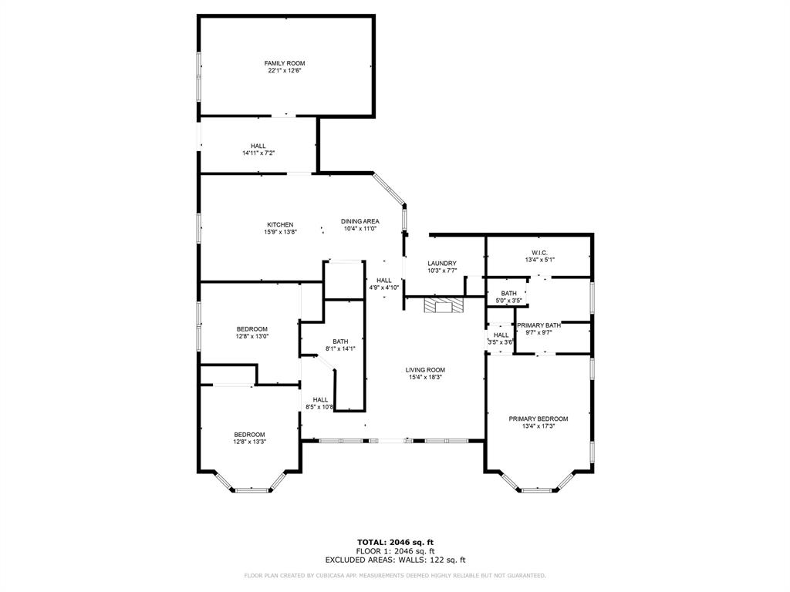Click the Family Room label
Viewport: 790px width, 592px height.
(279, 63)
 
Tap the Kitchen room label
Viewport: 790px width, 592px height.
(280, 225)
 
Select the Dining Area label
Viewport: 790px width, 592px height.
(360, 221)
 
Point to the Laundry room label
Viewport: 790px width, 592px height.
(442, 264)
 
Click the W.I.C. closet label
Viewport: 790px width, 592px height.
(539, 253)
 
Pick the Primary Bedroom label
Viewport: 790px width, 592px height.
(538, 419)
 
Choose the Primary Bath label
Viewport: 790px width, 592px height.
(538, 325)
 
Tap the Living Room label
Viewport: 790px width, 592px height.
(425, 370)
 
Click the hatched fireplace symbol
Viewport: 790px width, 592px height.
(444, 305)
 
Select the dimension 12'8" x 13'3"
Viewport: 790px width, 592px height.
(250, 442)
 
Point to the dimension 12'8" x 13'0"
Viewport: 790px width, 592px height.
(252, 336)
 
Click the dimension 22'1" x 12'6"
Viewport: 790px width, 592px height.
(279, 71)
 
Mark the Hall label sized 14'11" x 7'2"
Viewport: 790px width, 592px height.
(258, 146)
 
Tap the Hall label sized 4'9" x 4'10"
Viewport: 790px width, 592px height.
(384, 281)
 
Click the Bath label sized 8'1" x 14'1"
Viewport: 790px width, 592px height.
(340, 341)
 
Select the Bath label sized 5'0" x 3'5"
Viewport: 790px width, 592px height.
(508, 293)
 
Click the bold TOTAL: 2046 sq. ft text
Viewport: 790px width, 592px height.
(395, 542)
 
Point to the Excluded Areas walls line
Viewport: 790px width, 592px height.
(395, 560)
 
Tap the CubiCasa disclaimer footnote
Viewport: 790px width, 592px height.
(395, 575)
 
